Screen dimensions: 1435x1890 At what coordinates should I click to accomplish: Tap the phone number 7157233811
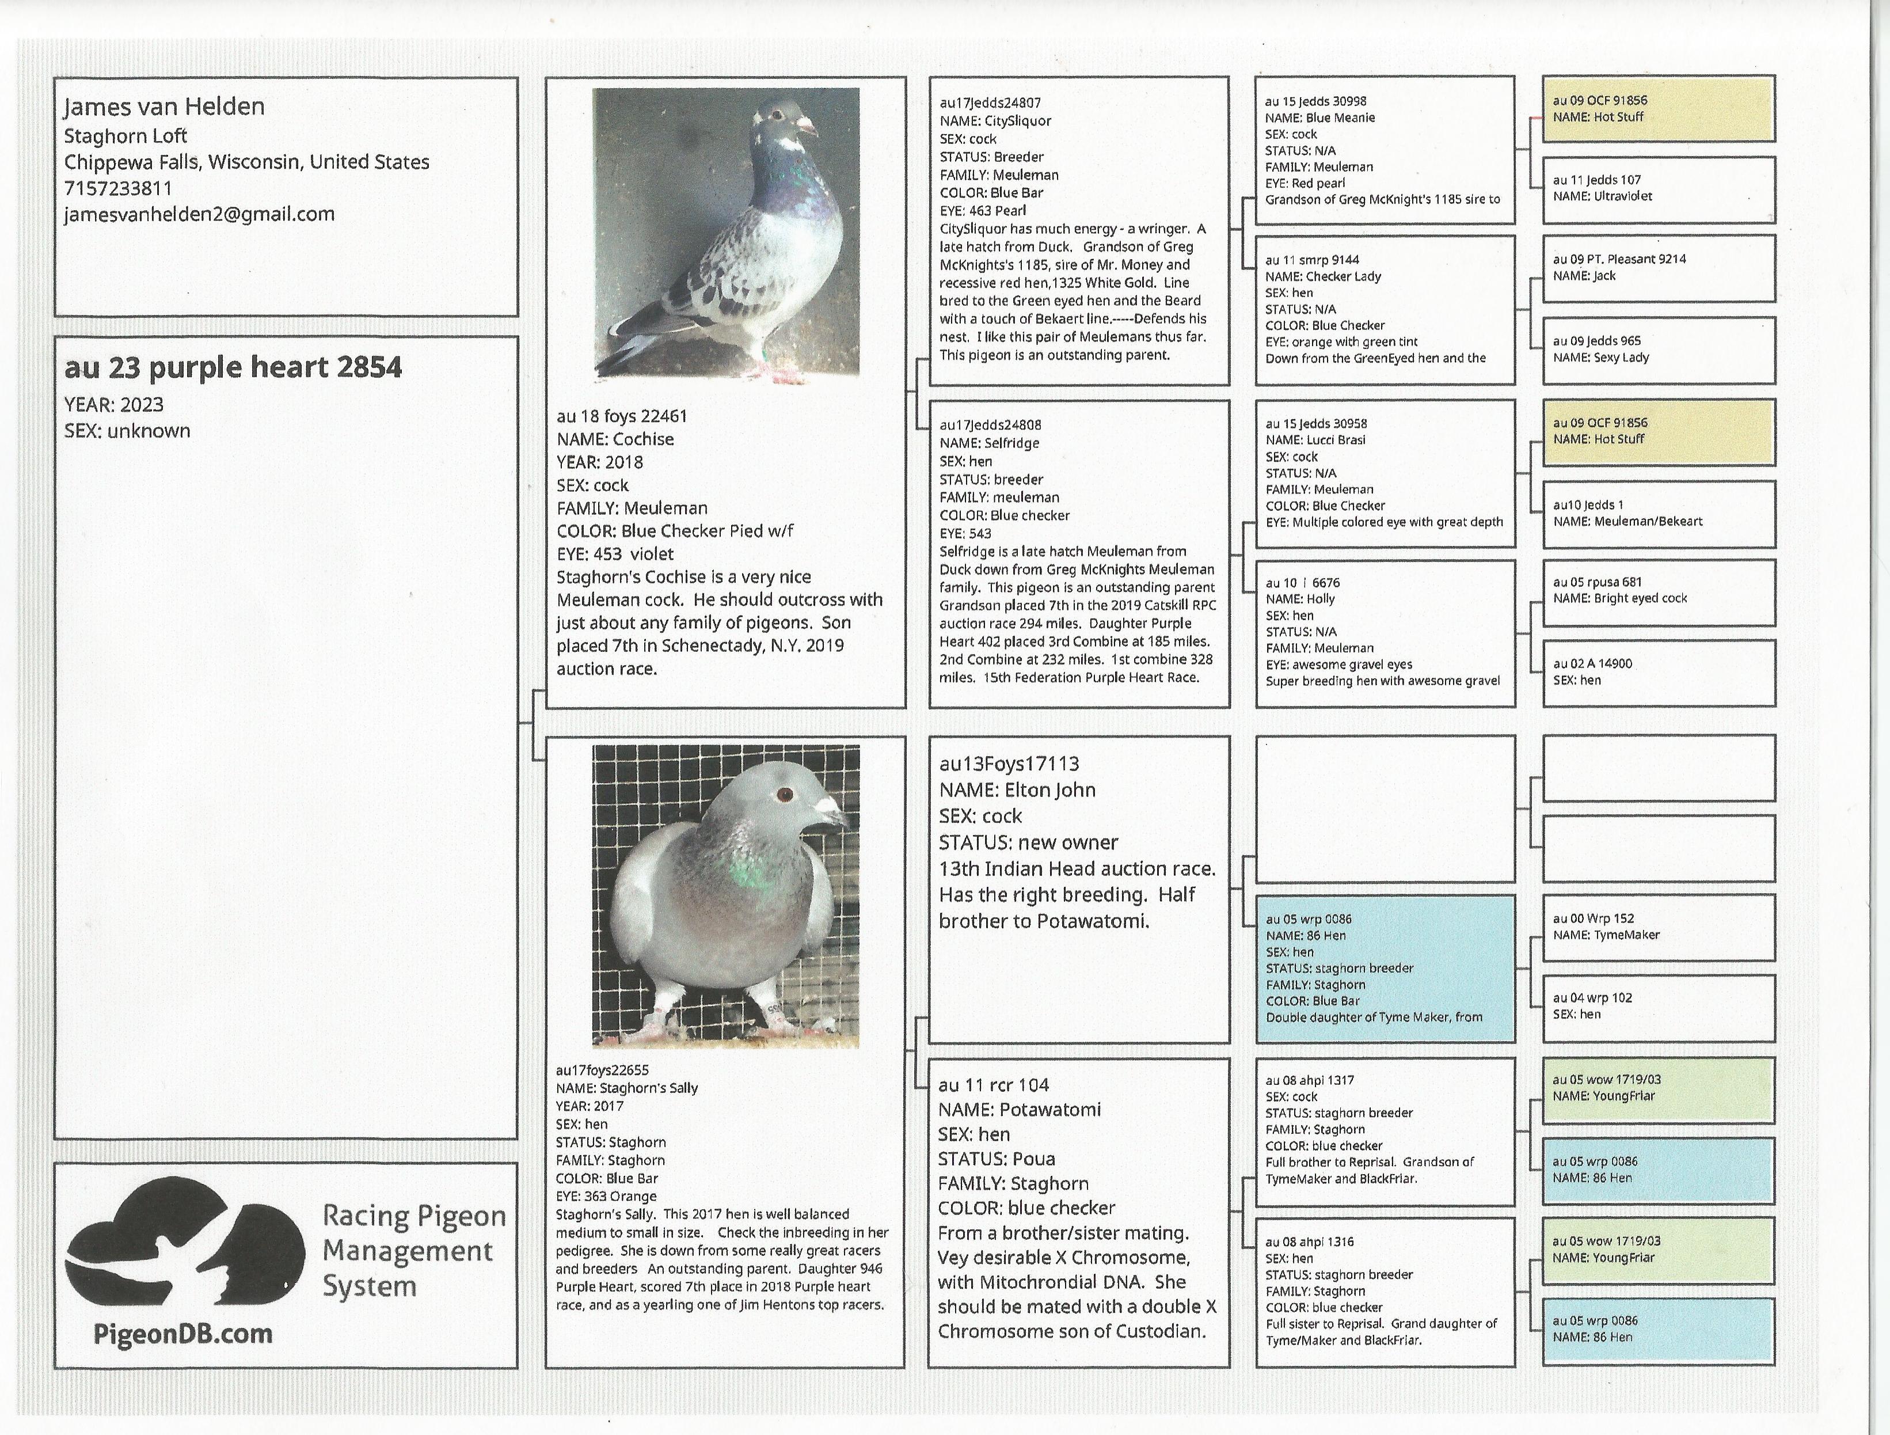point(118,188)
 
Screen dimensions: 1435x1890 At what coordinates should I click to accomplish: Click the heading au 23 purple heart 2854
point(233,367)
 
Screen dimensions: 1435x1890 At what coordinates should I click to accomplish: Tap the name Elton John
point(1050,789)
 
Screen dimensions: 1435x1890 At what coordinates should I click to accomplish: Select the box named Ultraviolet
point(1657,189)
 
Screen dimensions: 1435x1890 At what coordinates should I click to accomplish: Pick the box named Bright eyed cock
point(1657,591)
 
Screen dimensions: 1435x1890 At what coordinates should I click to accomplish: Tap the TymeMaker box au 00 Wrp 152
point(1657,927)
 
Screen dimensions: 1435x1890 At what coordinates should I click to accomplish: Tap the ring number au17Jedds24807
point(990,102)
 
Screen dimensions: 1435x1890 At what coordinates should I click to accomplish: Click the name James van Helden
point(164,107)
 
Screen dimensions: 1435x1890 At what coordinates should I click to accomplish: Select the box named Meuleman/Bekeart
point(1657,514)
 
